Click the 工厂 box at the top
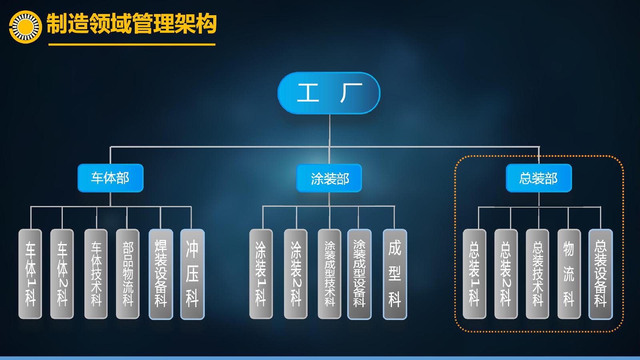pos(329,93)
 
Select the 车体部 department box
pos(110,178)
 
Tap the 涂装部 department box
pos(329,178)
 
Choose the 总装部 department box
pos(539,178)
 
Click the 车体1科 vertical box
pos(30,274)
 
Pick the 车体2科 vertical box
pos(62,274)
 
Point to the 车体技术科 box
pos(96,274)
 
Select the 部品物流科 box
pos(128,274)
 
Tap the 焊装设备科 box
pos(161,274)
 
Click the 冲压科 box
pos(192,274)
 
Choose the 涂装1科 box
pos(261,274)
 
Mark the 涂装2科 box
pos(296,274)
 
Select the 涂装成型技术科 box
pos(330,274)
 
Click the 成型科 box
pos(395,274)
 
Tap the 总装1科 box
pos(474,274)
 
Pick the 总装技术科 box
pos(538,274)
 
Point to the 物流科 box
pos(569,274)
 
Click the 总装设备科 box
pos(600,274)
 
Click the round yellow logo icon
pos(26,27)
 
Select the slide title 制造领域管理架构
pos(132,24)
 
